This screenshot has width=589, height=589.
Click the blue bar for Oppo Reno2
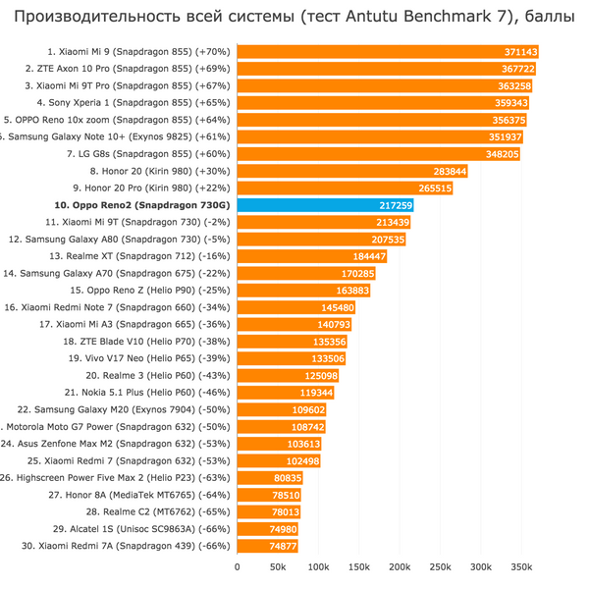click(324, 205)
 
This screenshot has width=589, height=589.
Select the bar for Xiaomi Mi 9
click(388, 51)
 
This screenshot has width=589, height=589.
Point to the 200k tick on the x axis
click(400, 566)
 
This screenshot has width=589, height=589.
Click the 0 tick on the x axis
click(237, 566)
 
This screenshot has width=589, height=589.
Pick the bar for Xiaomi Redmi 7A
click(267, 546)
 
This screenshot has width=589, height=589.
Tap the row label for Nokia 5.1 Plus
click(149, 393)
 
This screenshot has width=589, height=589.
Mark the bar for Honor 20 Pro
click(344, 187)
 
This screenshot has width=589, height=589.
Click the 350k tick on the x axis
click(521, 566)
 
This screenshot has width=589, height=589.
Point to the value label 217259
click(394, 205)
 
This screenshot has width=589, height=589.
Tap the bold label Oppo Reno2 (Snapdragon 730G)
click(143, 205)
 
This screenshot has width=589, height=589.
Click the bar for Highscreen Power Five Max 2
click(269, 478)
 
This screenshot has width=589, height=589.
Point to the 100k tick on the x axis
click(318, 566)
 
